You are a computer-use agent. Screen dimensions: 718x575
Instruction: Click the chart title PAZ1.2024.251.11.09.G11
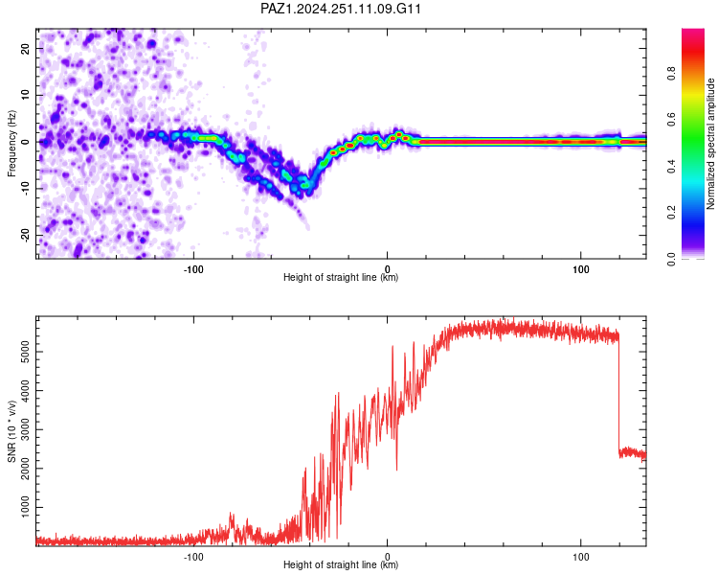click(340, 9)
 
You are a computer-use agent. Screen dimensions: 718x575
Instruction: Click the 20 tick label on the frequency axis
click(25, 48)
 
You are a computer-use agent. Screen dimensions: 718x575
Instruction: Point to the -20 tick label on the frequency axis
click(25, 235)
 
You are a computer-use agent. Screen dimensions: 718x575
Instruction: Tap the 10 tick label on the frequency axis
click(25, 95)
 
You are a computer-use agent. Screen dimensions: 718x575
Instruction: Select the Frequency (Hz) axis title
click(11, 143)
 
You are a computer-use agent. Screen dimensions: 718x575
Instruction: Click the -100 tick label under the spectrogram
click(193, 269)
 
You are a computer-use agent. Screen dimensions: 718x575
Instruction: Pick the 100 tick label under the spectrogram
click(581, 269)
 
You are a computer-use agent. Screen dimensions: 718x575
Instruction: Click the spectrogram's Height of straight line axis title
click(341, 277)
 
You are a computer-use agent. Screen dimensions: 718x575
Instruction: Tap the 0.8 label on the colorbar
click(671, 73)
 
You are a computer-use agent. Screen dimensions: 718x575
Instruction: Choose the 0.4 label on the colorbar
click(671, 166)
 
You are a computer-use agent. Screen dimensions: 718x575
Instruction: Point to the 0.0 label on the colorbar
click(671, 259)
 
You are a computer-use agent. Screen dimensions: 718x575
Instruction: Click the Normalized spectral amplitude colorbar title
click(710, 144)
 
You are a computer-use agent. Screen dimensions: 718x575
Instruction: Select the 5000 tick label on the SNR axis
click(25, 352)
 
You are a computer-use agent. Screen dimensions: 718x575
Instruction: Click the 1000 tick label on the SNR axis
click(25, 507)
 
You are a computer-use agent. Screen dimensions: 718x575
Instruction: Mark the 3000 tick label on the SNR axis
click(25, 429)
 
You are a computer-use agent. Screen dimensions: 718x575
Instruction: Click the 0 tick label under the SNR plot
click(388, 557)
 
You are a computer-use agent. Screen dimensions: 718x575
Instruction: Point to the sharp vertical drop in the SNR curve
click(618, 394)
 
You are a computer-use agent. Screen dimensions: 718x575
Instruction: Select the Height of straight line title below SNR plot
click(341, 564)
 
